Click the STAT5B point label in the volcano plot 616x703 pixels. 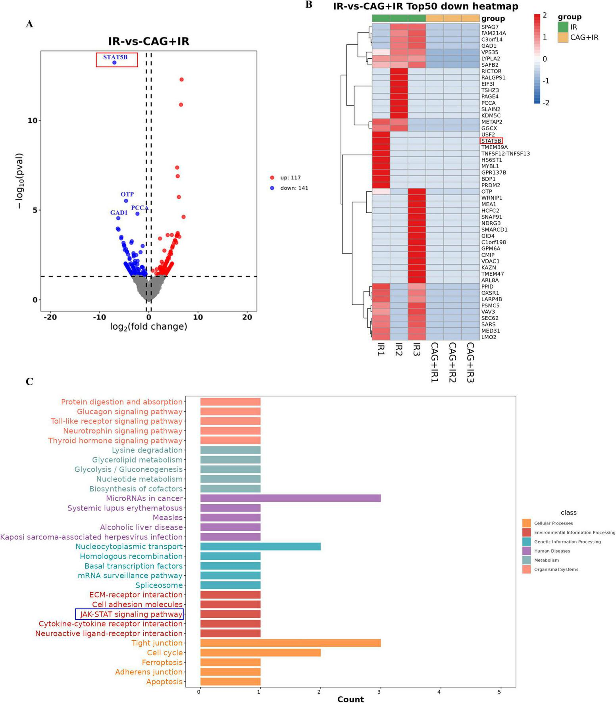click(x=115, y=57)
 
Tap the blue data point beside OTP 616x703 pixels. click(x=126, y=201)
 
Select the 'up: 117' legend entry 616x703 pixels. click(x=291, y=178)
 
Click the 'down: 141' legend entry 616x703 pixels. click(x=294, y=188)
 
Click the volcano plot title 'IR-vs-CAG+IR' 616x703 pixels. click(x=148, y=42)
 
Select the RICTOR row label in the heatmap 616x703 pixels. click(x=491, y=71)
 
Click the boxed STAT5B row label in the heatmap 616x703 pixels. click(x=491, y=141)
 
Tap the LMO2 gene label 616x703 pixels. click(x=489, y=337)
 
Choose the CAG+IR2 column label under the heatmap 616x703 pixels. click(x=452, y=362)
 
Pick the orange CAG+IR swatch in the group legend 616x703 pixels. click(x=563, y=38)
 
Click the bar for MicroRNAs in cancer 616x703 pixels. click(x=290, y=498)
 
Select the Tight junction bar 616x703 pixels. click(x=290, y=643)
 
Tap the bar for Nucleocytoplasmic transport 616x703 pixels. click(x=260, y=547)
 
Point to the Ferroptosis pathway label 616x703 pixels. click(x=162, y=663)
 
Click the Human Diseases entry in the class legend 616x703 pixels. click(x=552, y=551)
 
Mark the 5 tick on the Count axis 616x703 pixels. click(x=499, y=692)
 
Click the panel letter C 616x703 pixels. click(x=29, y=382)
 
